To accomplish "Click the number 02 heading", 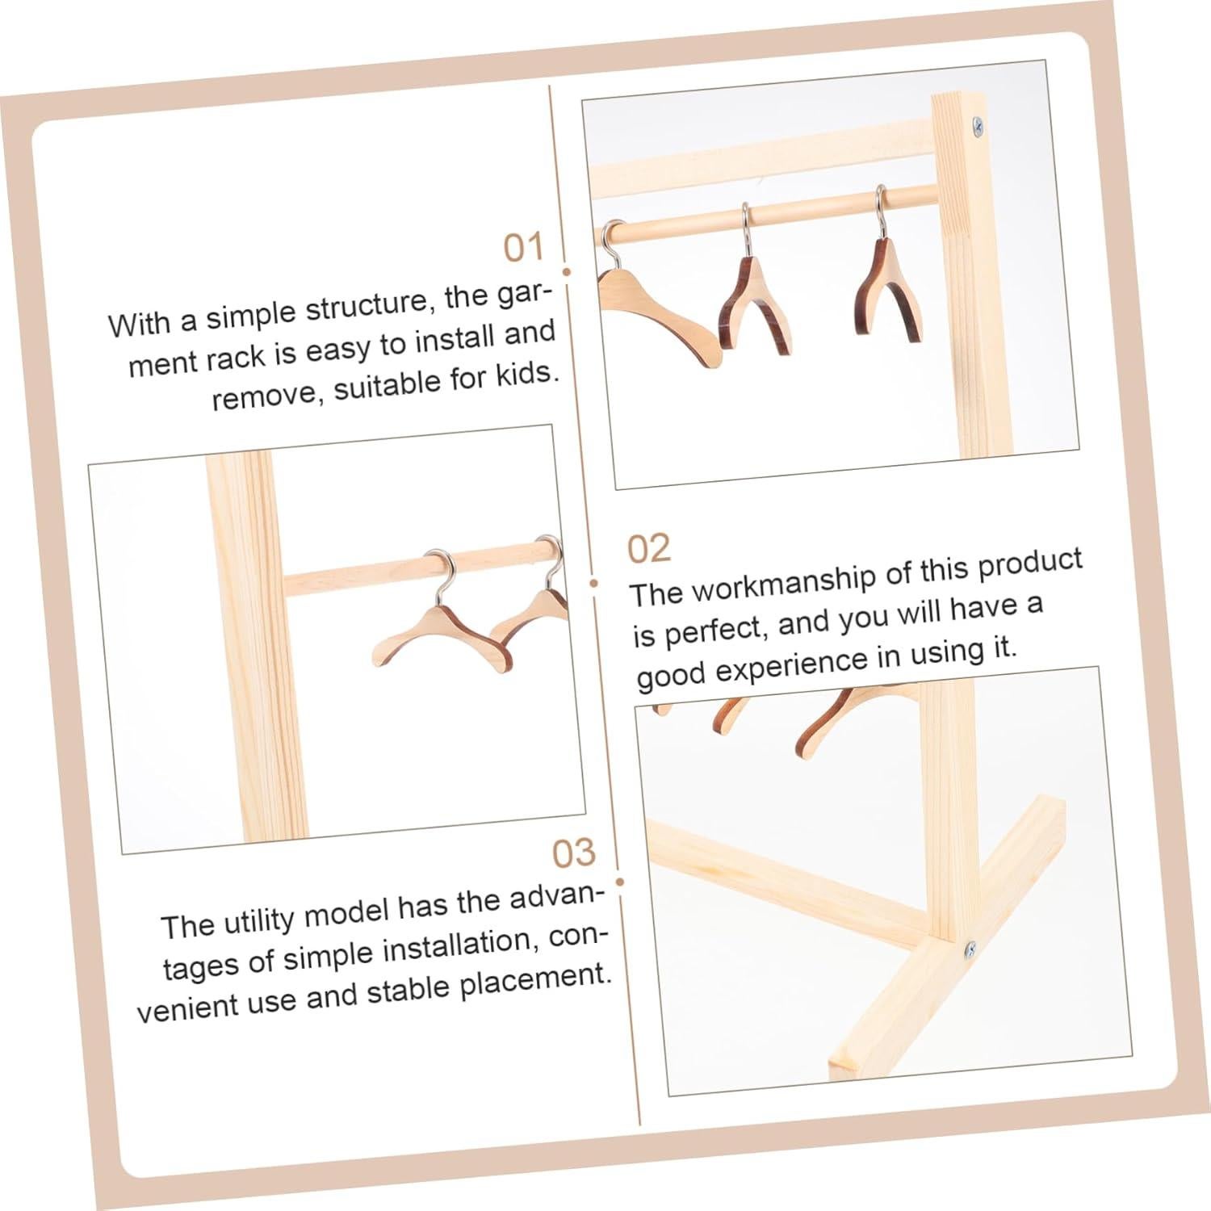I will pos(648,549).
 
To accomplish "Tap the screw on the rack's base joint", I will pos(970,949).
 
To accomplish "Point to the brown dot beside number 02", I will pos(593,582).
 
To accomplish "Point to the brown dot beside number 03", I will pos(620,883).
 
